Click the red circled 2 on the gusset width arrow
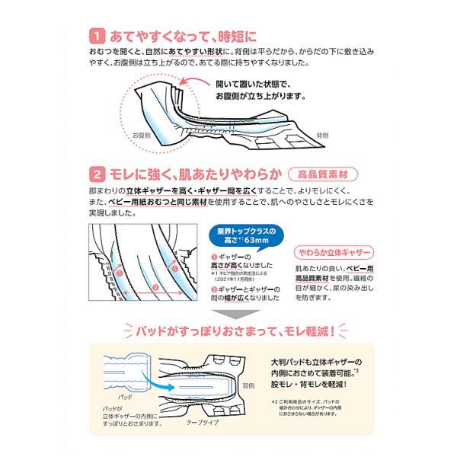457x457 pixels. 155,287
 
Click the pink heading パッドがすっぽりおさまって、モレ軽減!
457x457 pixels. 228,332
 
